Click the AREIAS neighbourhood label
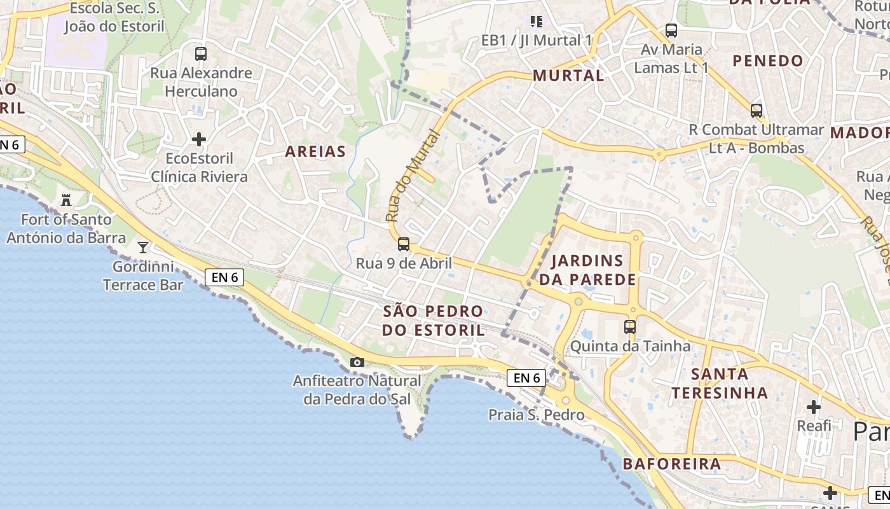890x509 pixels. tap(315, 151)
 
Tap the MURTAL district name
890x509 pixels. tap(568, 75)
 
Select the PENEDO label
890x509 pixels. tap(768, 61)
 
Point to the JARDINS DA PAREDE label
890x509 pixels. tap(594, 270)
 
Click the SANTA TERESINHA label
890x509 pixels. tap(720, 383)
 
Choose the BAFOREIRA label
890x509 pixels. tap(672, 464)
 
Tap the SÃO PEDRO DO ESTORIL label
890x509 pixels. tap(433, 321)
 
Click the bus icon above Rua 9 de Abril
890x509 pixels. tap(404, 244)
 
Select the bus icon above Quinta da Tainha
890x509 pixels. tap(630, 327)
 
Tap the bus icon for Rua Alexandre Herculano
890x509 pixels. tap(201, 54)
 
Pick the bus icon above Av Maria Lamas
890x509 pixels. tap(671, 30)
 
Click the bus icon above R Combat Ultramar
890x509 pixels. tap(756, 110)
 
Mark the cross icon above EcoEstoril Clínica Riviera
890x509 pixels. tap(199, 139)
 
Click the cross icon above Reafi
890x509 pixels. tap(814, 407)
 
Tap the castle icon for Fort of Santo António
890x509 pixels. tap(66, 200)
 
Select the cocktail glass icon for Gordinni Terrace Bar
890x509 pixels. tap(143, 247)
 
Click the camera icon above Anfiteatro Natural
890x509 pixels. tap(357, 362)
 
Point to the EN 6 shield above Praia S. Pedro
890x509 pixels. tap(527, 378)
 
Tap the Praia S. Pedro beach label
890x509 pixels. tap(536, 415)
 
